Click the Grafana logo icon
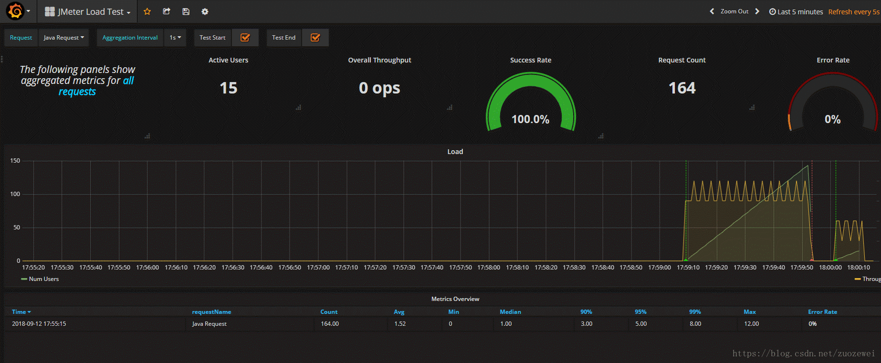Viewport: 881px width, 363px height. pyautogui.click(x=15, y=11)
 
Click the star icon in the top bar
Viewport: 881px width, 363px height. pyautogui.click(x=147, y=11)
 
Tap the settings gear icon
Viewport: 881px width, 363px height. pyautogui.click(x=205, y=11)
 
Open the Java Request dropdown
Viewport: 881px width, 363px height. pyautogui.click(x=63, y=38)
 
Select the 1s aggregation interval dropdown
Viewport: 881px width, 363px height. pyautogui.click(x=175, y=38)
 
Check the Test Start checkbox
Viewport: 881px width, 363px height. pyautogui.click(x=245, y=38)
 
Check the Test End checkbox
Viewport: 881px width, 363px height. pyautogui.click(x=315, y=38)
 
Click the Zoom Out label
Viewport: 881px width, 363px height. pyautogui.click(x=734, y=11)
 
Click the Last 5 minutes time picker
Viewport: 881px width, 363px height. pyautogui.click(x=796, y=12)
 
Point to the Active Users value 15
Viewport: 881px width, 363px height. pyautogui.click(x=229, y=88)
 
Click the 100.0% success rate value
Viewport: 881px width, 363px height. pyautogui.click(x=530, y=119)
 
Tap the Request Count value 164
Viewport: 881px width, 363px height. pyautogui.click(x=682, y=88)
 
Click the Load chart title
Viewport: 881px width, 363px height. pyautogui.click(x=455, y=152)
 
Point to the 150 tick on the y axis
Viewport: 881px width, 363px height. pyautogui.click(x=15, y=161)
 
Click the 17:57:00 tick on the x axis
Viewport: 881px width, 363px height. pyautogui.click(x=318, y=268)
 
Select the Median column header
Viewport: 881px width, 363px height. pyautogui.click(x=510, y=312)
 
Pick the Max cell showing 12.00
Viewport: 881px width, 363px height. pyautogui.click(x=751, y=324)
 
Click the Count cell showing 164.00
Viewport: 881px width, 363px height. pyautogui.click(x=330, y=324)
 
